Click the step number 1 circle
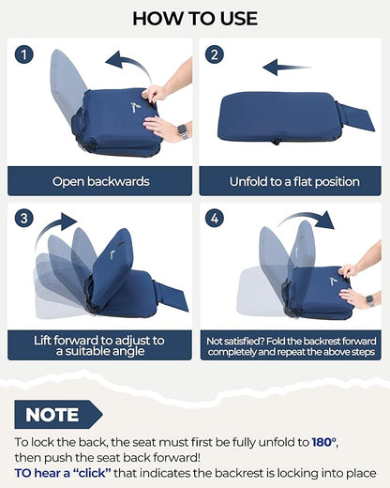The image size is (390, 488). pyautogui.click(x=24, y=54)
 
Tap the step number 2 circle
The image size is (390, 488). pyautogui.click(x=215, y=54)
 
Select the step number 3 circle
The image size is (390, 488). pyautogui.click(x=24, y=218)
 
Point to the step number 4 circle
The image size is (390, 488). pyautogui.click(x=215, y=218)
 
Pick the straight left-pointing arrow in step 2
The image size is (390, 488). pyautogui.click(x=287, y=67)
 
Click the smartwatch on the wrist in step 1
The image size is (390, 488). pyautogui.click(x=182, y=130)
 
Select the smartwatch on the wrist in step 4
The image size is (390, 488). pyautogui.click(x=370, y=300)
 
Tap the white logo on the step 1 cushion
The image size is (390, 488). pyautogui.click(x=135, y=107)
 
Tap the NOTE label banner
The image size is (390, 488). pyautogui.click(x=58, y=415)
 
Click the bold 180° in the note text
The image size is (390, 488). pyautogui.click(x=324, y=442)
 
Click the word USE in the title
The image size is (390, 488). pyautogui.click(x=239, y=19)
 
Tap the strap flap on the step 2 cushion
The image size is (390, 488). pyautogui.click(x=355, y=116)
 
